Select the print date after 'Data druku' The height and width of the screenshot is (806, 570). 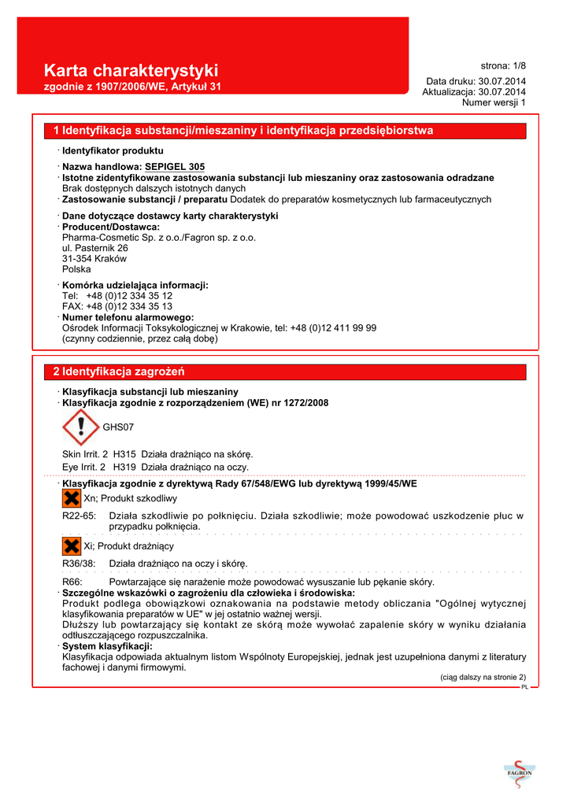coord(502,81)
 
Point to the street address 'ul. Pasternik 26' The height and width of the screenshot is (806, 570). coord(95,247)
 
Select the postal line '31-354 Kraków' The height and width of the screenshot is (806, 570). coord(94,258)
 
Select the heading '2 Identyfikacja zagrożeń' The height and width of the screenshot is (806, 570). coord(119,371)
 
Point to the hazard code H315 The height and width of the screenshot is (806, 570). coord(124,453)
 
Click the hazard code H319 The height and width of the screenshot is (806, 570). coord(124,467)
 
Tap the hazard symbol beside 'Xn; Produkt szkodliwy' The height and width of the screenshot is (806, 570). coord(71,498)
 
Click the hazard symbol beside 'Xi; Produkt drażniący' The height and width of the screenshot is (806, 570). coord(71,545)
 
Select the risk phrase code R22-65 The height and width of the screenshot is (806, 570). coord(79,516)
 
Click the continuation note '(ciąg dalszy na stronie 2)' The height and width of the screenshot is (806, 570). coord(482,677)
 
